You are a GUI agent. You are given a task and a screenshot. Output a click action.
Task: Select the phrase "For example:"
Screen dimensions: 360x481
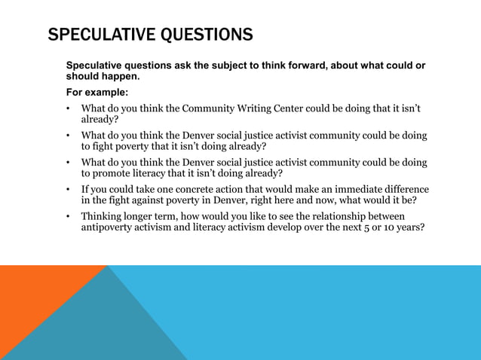(x=97, y=93)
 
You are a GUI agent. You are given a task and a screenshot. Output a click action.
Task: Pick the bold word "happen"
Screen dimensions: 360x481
(x=121, y=77)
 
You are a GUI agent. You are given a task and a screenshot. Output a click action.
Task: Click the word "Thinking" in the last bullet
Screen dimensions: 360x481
(x=103, y=216)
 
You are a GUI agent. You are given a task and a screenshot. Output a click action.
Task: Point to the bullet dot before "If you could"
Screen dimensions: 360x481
(x=69, y=190)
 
